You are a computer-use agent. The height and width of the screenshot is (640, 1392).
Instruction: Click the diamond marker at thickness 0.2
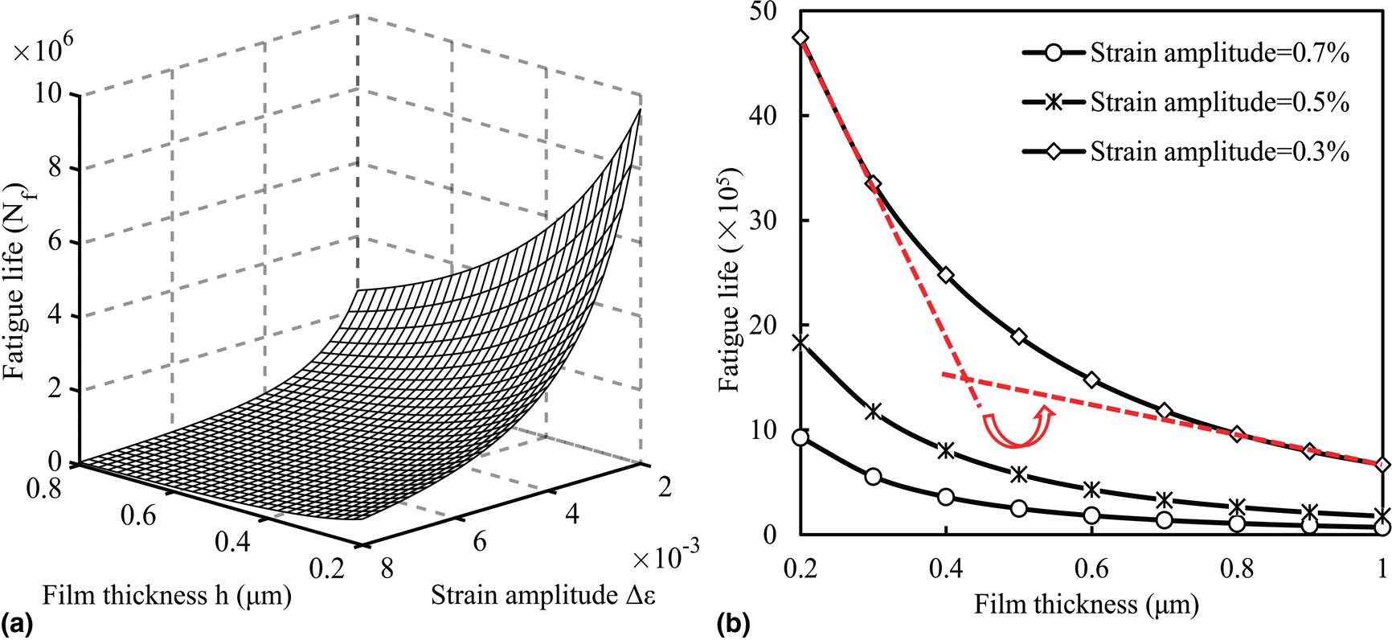(800, 38)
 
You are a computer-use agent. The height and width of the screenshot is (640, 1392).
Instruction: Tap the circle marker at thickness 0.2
(800, 437)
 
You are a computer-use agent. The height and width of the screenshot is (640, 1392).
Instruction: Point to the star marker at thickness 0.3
(874, 412)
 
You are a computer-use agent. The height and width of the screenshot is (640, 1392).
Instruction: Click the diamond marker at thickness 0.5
(1019, 336)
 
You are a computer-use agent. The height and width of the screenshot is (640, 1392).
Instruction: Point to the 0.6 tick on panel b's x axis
(1091, 569)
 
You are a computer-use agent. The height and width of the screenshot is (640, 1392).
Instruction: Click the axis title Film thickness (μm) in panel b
(1087, 604)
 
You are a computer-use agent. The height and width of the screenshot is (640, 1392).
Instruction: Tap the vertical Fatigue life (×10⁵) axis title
(730, 279)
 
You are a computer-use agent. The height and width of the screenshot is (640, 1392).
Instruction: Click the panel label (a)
(18, 624)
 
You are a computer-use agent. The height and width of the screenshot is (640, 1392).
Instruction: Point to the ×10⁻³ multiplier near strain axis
(665, 554)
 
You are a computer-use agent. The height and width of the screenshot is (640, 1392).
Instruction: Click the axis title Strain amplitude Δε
(543, 595)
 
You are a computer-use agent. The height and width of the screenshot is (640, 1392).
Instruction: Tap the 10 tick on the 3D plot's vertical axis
(48, 94)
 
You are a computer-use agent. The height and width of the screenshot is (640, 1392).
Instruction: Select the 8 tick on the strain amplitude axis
(387, 568)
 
